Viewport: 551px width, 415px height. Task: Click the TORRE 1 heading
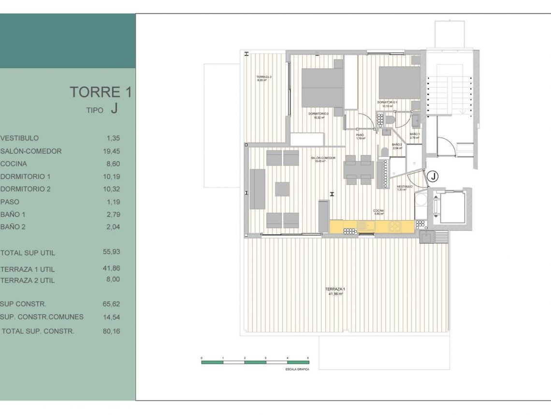point(101,92)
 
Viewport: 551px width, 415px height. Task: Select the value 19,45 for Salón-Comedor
point(112,151)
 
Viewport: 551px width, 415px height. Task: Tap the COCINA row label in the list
point(14,164)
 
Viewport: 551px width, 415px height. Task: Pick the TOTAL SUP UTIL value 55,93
point(112,252)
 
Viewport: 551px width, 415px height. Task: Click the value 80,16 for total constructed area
point(111,331)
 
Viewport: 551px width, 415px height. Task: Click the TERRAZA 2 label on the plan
point(263,79)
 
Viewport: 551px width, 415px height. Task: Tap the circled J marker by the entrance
point(434,177)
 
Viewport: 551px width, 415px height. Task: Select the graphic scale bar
point(255,362)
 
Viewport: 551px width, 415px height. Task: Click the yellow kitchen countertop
point(372,225)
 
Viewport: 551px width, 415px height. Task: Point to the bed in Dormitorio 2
point(322,87)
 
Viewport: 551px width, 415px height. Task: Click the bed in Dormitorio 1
point(399,83)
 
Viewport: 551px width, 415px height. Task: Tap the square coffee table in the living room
point(282,189)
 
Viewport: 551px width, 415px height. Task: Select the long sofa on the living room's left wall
point(257,189)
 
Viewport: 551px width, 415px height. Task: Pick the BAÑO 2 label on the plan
point(397,145)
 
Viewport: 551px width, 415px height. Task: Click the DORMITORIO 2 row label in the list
point(26,189)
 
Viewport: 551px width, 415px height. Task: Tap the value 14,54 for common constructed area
point(112,317)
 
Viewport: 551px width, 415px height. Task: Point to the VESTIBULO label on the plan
point(405,186)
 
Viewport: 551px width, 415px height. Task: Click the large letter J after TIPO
point(114,109)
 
